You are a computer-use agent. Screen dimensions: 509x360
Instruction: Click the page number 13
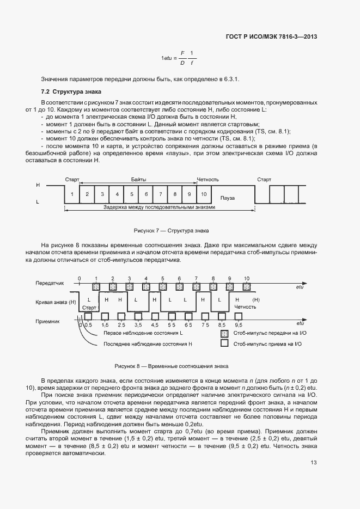[x=313, y=463]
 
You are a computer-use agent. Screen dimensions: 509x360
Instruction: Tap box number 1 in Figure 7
[x=72, y=194]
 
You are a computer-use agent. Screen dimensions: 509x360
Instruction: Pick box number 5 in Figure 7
[x=131, y=194]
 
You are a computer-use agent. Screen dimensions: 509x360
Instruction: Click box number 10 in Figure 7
[x=203, y=194]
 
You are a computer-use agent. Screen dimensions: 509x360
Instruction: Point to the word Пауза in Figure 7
[x=227, y=198]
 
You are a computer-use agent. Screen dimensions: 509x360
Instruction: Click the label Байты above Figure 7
[x=138, y=179]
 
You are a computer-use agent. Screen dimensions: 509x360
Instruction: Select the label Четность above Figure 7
[x=208, y=179]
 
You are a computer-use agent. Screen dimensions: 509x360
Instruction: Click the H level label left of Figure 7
[x=38, y=185]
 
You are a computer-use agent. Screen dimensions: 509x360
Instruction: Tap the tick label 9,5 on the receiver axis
[x=238, y=325]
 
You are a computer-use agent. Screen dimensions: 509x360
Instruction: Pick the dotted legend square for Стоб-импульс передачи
[x=224, y=334]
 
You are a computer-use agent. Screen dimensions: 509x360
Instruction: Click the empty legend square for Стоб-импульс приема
[x=224, y=344]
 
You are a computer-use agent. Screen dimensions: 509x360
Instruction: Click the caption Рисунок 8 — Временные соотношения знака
[x=172, y=366]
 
